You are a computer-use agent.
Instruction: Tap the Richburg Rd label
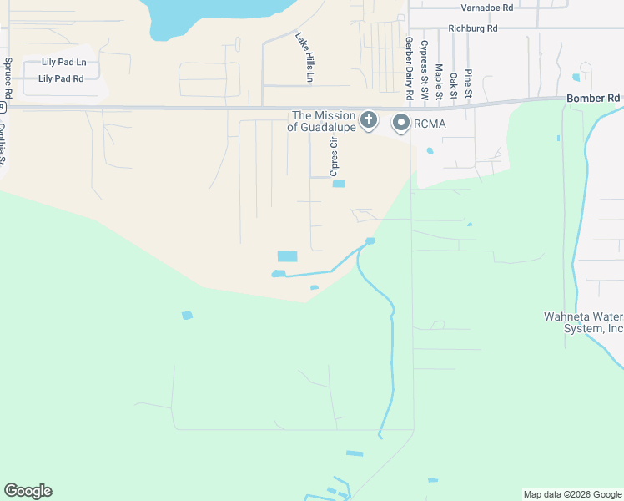coord(473,28)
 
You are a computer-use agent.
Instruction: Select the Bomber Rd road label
coord(593,98)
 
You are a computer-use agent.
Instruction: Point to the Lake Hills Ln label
coord(304,57)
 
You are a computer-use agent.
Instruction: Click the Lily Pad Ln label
coord(63,63)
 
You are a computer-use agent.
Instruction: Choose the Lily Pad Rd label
coord(61,78)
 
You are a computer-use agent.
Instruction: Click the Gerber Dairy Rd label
coord(409,59)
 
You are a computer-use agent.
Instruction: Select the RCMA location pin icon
coord(401,123)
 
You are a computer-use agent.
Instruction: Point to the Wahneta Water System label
coord(583,322)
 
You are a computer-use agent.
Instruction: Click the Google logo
coord(28,491)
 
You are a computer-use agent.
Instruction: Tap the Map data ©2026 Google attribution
coord(572,494)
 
